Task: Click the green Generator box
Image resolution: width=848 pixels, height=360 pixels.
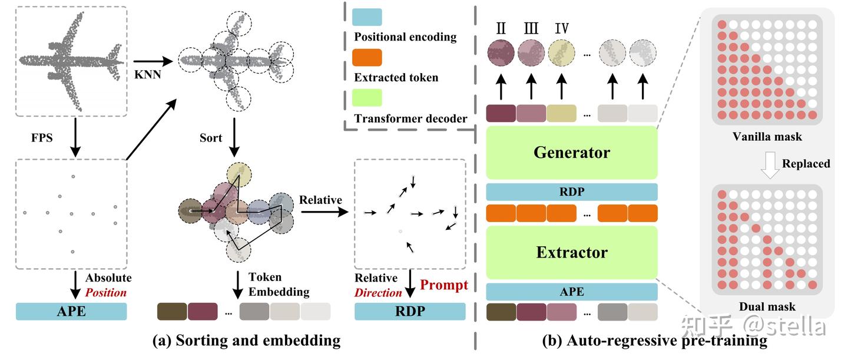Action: click(x=571, y=153)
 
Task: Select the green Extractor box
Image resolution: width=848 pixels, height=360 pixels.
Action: click(x=571, y=252)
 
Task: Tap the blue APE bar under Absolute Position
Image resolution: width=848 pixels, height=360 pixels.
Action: click(x=71, y=311)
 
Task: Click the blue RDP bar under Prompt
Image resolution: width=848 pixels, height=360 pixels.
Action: click(x=410, y=311)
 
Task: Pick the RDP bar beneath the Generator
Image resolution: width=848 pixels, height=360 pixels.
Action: click(x=571, y=191)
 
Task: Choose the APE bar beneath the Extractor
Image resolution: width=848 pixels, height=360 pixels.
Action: click(x=571, y=292)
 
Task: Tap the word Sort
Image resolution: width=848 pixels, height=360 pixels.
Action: click(x=211, y=138)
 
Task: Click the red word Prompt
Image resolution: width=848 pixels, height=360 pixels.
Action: click(x=444, y=285)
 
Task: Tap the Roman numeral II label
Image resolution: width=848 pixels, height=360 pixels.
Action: click(x=502, y=28)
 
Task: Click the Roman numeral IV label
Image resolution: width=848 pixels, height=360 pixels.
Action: click(x=561, y=28)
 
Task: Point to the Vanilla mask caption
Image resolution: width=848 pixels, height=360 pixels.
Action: click(x=767, y=137)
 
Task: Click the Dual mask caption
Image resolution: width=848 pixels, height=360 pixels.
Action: click(x=767, y=306)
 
